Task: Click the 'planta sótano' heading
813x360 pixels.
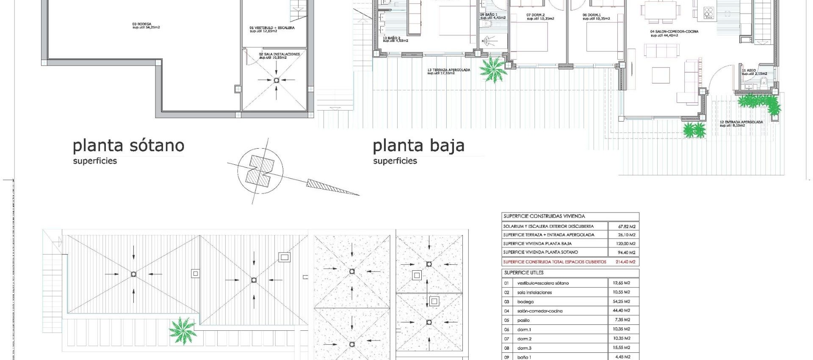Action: point(129,146)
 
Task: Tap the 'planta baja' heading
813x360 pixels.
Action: point(418,146)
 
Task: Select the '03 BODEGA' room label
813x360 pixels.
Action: point(142,24)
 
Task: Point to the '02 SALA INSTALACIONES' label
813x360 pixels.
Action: point(279,54)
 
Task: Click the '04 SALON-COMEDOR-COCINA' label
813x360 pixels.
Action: point(674,31)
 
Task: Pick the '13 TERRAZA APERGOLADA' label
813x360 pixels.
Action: point(448,70)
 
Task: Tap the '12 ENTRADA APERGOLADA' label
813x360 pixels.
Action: point(741,122)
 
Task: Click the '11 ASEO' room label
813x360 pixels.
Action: point(749,70)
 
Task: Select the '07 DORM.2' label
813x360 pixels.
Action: point(535,15)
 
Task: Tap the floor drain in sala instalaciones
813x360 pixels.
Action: point(277,80)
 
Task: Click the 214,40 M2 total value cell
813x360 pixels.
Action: point(623,262)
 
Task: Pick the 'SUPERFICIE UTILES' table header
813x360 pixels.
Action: point(523,273)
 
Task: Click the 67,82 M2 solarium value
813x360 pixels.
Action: point(623,226)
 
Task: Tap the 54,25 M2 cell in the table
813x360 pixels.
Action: point(621,302)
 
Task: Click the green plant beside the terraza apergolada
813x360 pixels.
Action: point(493,69)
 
